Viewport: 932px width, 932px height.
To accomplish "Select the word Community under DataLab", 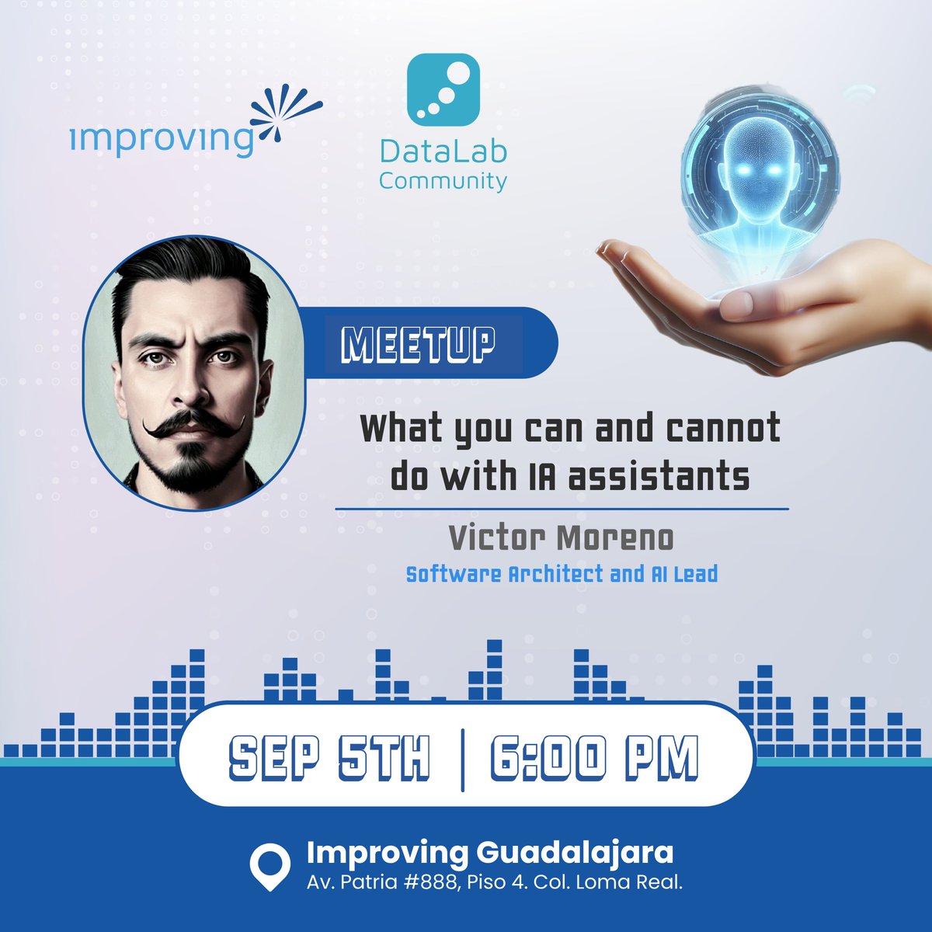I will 443,181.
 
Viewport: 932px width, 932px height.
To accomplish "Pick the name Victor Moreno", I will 562,537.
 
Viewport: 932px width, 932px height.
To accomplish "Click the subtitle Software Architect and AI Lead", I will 562,574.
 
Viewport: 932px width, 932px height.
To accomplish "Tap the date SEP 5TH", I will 330,758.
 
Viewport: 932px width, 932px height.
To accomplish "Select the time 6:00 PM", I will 594,758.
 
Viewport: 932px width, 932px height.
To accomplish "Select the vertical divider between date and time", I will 463,759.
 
